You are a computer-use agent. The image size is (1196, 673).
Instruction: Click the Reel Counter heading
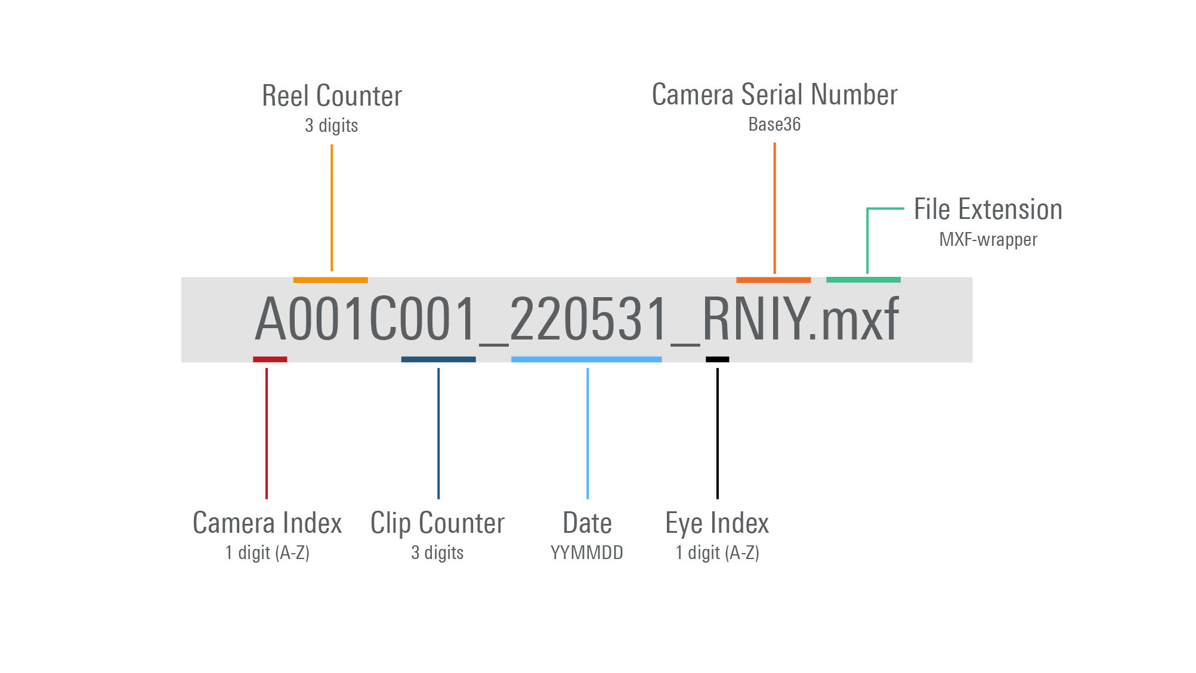tap(332, 96)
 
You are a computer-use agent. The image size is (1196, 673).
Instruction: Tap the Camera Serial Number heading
tap(774, 95)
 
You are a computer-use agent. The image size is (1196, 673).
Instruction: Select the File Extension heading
tap(988, 209)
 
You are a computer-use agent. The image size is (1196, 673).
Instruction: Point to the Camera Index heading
tap(267, 523)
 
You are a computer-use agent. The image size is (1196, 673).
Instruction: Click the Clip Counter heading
tap(437, 523)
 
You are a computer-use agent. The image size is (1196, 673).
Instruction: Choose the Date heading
tap(587, 523)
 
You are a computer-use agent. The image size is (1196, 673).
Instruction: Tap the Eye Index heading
tap(717, 523)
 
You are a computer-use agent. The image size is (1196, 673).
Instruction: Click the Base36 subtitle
tap(774, 124)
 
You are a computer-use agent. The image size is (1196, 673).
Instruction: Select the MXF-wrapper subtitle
tap(988, 239)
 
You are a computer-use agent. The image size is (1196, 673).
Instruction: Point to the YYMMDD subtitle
tap(587, 552)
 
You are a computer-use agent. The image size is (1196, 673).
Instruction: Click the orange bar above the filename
tap(330, 280)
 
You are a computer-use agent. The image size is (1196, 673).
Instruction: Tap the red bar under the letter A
tap(270, 359)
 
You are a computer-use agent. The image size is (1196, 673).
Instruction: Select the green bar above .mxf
tap(863, 280)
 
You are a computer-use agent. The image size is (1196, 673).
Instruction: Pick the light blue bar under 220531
tap(586, 359)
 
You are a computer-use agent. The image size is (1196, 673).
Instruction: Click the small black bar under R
tap(717, 359)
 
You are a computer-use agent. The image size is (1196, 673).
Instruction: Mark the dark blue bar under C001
tap(438, 359)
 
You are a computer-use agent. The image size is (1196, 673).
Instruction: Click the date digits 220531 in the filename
tap(588, 319)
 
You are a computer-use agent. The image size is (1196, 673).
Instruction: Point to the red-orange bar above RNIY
tap(773, 280)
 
